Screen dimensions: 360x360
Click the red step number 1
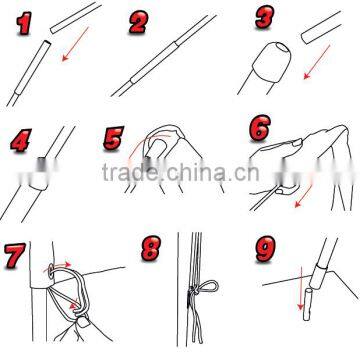(24, 23)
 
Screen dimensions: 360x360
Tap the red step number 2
(139, 22)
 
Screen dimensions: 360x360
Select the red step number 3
(265, 17)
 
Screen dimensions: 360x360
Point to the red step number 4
(21, 140)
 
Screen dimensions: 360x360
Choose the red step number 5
(113, 138)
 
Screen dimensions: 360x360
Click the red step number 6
(260, 128)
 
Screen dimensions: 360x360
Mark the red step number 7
(15, 256)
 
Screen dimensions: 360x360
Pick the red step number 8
(151, 248)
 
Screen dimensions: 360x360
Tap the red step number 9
(266, 248)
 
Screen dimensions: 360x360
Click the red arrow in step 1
(75, 44)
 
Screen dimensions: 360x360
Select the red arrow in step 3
(316, 62)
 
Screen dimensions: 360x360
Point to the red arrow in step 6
(304, 196)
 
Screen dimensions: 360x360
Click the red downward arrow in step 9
(301, 288)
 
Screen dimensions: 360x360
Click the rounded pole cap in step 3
(272, 62)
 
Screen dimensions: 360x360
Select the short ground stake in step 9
(307, 305)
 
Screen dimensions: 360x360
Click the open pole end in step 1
(47, 43)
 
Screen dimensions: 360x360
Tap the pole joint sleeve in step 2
(154, 63)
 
